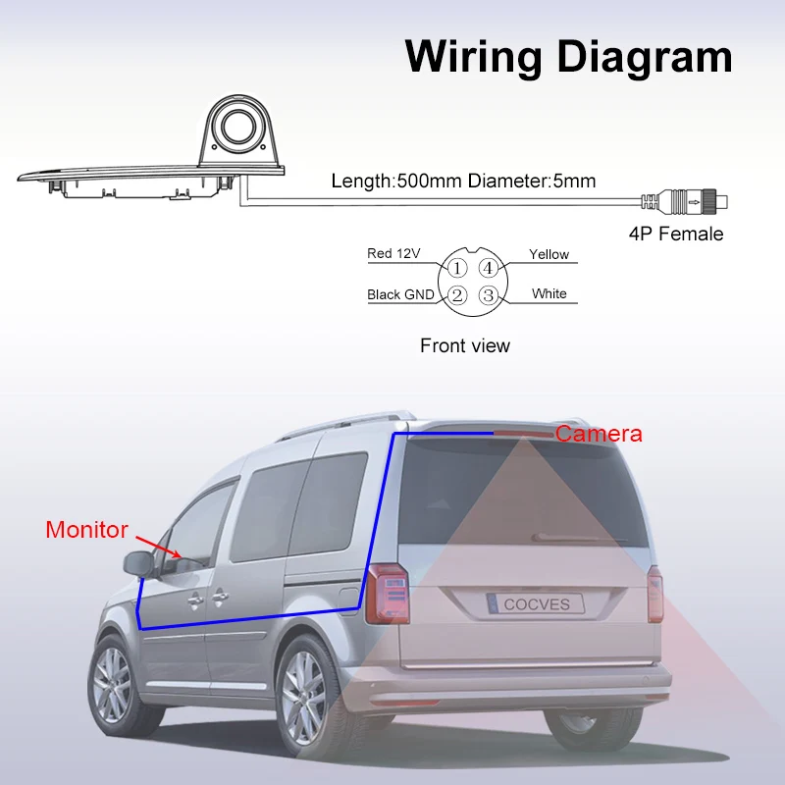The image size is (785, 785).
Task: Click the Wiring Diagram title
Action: [568, 56]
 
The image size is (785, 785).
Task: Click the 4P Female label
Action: [676, 234]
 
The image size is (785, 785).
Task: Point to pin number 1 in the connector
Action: [457, 266]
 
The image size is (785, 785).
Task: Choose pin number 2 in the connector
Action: [457, 294]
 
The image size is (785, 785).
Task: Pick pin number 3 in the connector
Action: [488, 294]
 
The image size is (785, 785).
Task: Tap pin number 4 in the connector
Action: [488, 266]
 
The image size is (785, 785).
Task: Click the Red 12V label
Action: [393, 254]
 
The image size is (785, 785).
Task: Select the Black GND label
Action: [400, 294]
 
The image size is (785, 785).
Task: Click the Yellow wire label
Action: [549, 254]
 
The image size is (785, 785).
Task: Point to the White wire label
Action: [549, 293]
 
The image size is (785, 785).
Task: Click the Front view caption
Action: [465, 345]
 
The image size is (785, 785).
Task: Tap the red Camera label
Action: [599, 434]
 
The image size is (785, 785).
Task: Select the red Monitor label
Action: [86, 530]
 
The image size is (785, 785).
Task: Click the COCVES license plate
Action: [535, 603]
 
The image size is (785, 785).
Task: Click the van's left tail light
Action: [386, 595]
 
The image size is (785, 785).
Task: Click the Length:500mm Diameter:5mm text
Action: [463, 181]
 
